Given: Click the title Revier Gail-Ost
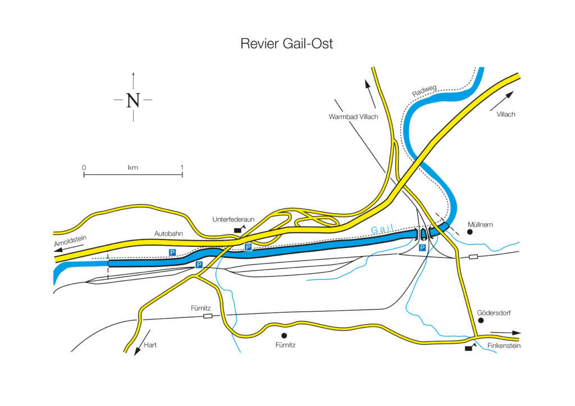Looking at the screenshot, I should pyautogui.click(x=286, y=44).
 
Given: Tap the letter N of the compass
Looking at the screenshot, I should pyautogui.click(x=133, y=100).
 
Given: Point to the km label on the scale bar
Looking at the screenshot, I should pyautogui.click(x=133, y=168).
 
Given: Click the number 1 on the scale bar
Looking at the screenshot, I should pyautogui.click(x=182, y=168).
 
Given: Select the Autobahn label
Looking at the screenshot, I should pyautogui.click(x=167, y=233).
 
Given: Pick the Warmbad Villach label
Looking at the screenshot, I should pyautogui.click(x=353, y=117).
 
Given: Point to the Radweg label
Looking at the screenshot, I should pyautogui.click(x=425, y=92).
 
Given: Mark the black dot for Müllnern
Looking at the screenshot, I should pyautogui.click(x=470, y=232).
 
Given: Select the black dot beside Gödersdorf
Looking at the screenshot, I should pyautogui.click(x=481, y=320).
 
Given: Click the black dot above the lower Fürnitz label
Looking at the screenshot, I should pyautogui.click(x=284, y=335).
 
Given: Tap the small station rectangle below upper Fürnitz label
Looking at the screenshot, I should pyautogui.click(x=208, y=316).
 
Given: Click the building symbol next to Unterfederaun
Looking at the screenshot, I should pyautogui.click(x=239, y=229).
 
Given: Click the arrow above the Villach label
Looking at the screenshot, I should pyautogui.click(x=501, y=100).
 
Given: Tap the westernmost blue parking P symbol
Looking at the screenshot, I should pyautogui.click(x=173, y=253).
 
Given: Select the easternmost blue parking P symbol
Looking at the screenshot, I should pyautogui.click(x=422, y=247).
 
